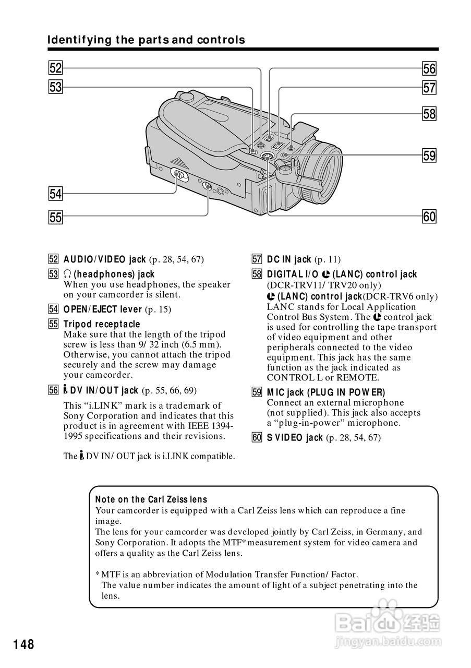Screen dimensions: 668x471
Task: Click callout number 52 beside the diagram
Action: (x=55, y=68)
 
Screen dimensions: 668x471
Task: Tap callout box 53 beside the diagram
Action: (x=55, y=87)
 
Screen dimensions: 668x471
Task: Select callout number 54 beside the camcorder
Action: (x=55, y=194)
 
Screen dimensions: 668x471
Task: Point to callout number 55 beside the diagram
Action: (x=55, y=217)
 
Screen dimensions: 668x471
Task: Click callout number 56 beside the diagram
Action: (x=429, y=68)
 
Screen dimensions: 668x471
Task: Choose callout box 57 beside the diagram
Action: (x=429, y=88)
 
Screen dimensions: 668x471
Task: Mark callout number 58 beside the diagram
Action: (x=429, y=113)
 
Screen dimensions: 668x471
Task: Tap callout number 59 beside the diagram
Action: (x=429, y=155)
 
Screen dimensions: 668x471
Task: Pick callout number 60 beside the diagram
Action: (x=429, y=216)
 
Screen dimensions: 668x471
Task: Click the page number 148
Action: (x=24, y=645)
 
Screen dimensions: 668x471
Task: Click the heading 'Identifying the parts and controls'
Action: (x=146, y=40)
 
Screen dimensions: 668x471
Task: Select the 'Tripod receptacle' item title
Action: (x=102, y=324)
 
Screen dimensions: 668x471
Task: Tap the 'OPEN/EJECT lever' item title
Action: (x=103, y=309)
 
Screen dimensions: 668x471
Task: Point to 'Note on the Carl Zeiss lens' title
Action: (x=151, y=499)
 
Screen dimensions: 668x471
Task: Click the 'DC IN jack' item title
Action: (x=289, y=259)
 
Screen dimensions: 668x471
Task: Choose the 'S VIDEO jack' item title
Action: (x=295, y=437)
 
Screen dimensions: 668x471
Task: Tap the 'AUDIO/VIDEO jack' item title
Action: (x=104, y=259)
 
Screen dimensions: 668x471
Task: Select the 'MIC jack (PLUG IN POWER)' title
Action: (x=326, y=392)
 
